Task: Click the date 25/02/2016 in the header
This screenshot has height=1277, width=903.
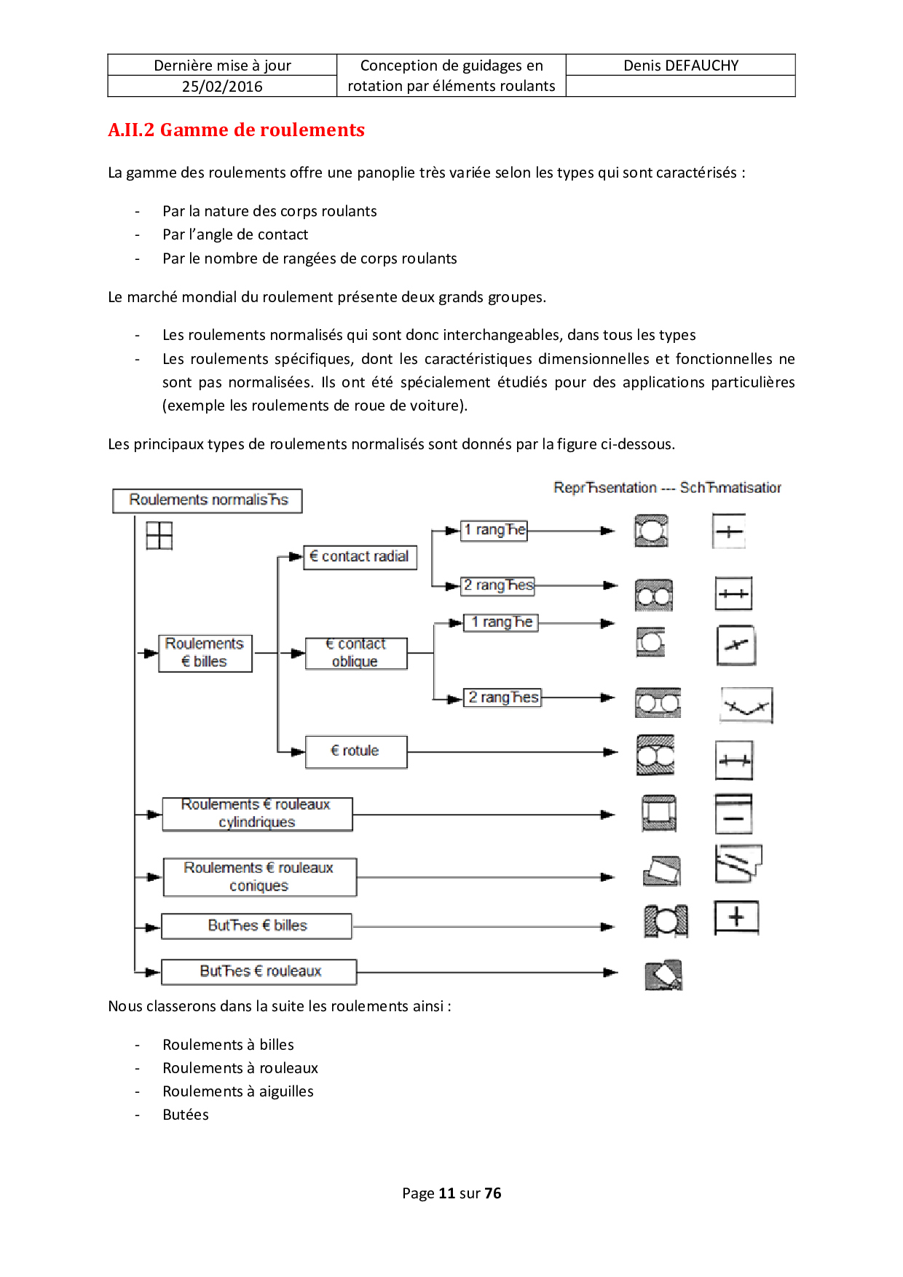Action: tap(222, 87)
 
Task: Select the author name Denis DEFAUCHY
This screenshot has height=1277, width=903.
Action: tap(681, 66)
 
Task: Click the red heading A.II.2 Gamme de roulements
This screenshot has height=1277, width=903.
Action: tap(236, 130)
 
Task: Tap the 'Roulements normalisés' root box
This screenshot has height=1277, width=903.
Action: tap(208, 500)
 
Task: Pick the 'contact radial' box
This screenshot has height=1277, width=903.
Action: tap(360, 557)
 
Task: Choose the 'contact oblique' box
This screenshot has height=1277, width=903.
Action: tap(355, 653)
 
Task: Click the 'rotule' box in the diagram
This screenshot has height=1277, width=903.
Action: tap(355, 751)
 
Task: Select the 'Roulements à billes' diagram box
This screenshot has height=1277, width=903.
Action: tap(205, 653)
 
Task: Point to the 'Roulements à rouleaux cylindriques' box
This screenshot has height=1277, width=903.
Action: tap(257, 814)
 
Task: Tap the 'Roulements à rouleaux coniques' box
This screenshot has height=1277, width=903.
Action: tap(259, 877)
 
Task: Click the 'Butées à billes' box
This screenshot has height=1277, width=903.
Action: tap(256, 926)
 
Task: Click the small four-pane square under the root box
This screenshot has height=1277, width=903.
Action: tap(159, 536)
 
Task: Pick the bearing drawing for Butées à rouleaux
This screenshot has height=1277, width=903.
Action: tap(663, 976)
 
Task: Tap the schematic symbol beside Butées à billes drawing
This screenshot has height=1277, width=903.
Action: tap(736, 917)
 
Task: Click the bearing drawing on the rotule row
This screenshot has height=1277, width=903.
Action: tap(655, 755)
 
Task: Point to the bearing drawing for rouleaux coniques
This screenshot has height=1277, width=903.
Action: tap(662, 871)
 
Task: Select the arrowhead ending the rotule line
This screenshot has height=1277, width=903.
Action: tap(610, 752)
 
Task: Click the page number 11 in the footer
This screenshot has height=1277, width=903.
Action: tap(447, 1193)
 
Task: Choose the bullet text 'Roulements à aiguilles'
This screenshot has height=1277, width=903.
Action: tap(238, 1091)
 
